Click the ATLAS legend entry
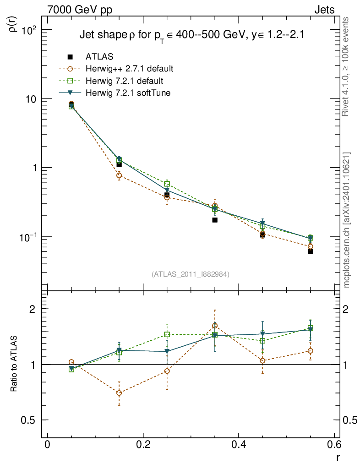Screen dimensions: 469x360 (x=99, y=57)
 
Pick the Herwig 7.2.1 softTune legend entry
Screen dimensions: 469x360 (x=131, y=93)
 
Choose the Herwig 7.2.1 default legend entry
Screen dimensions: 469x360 (x=124, y=81)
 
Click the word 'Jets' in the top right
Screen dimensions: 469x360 (x=324, y=10)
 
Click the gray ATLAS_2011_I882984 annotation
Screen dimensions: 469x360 (x=191, y=274)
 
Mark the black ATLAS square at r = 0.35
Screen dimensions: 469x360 (x=214, y=220)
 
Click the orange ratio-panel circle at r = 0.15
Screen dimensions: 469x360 (x=119, y=393)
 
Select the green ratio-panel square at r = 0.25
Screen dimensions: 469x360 (x=167, y=334)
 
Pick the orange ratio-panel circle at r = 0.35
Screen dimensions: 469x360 (x=214, y=326)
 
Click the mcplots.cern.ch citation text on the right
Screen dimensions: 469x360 (x=347, y=220)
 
